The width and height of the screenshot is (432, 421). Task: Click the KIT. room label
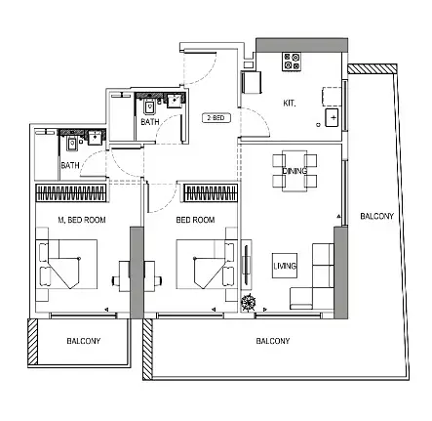[x=290, y=104]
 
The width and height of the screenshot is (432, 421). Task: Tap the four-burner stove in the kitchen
[x=292, y=62]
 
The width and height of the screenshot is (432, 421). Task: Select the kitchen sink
[x=332, y=117]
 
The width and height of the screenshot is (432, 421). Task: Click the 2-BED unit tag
[x=216, y=118]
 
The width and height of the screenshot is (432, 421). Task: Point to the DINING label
[x=295, y=171]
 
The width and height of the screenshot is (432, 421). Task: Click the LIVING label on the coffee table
[x=285, y=266]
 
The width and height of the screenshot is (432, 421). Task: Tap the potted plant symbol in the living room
[x=249, y=302]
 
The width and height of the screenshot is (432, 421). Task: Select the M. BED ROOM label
[x=82, y=220]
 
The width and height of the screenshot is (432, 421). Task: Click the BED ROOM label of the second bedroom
[x=195, y=220]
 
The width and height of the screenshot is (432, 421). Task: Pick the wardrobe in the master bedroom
[x=71, y=192]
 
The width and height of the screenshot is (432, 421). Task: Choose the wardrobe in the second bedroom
[x=211, y=192]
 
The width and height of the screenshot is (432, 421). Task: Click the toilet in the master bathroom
[x=72, y=144]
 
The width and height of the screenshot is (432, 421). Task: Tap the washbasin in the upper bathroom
[x=175, y=100]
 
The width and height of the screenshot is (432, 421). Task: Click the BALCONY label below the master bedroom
[x=84, y=341]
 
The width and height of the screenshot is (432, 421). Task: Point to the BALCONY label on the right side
[x=377, y=216]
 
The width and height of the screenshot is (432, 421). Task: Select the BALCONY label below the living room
[x=273, y=341]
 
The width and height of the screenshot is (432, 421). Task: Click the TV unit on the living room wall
[x=246, y=264]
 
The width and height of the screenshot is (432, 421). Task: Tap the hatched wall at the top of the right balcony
[x=373, y=68]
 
